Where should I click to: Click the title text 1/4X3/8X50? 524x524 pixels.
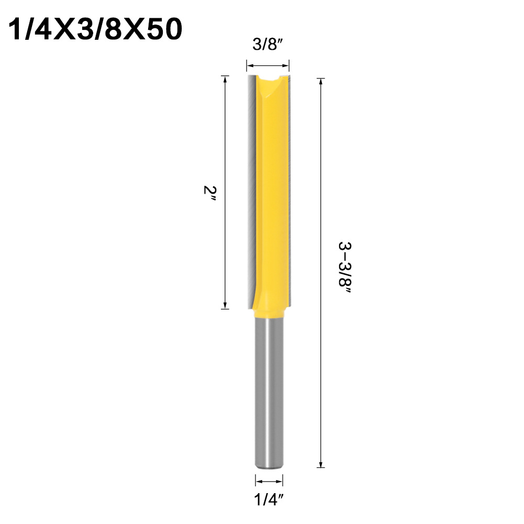click(x=96, y=30)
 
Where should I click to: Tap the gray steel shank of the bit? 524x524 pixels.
click(x=270, y=398)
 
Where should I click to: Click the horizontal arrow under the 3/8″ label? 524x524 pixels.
click(x=267, y=66)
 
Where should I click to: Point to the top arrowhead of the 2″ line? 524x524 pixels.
click(x=225, y=79)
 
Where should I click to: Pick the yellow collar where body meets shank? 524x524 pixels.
click(x=270, y=311)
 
